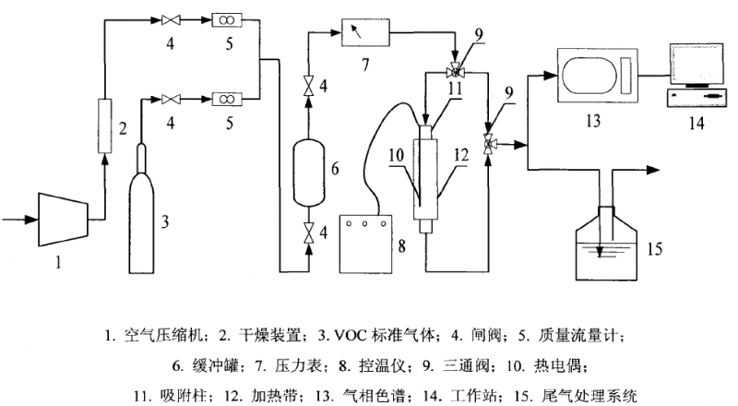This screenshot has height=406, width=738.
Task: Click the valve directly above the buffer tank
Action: [309, 88]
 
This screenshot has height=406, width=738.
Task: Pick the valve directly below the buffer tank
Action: [309, 232]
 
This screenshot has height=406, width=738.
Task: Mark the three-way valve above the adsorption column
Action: [454, 71]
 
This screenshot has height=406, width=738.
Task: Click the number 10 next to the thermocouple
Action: [394, 159]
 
